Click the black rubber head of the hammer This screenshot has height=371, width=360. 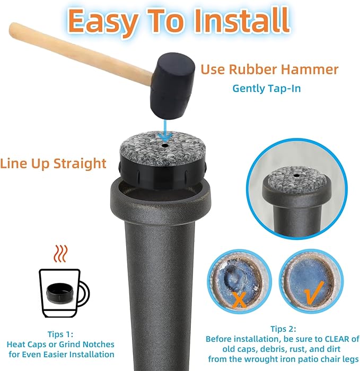(x=172, y=85)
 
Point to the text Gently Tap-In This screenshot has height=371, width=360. (x=267, y=89)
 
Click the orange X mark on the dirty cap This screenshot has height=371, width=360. (x=239, y=299)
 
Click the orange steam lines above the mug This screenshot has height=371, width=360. (x=61, y=254)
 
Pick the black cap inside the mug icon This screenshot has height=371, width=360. (x=60, y=291)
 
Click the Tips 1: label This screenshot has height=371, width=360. (x=60, y=334)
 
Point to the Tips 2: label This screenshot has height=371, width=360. (x=283, y=329)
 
